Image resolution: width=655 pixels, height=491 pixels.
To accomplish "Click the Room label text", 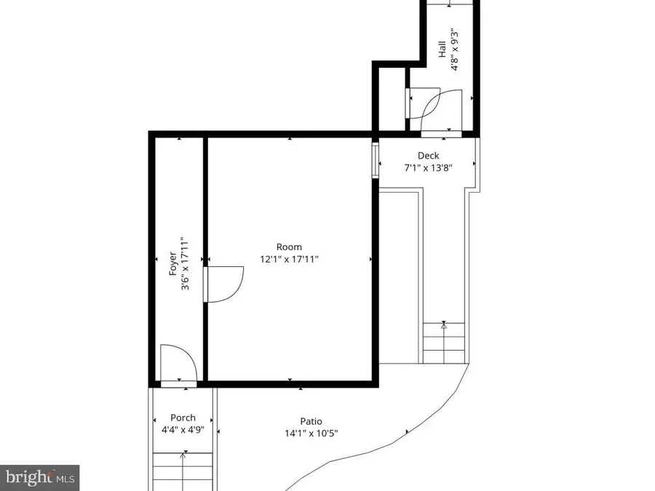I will pyautogui.click(x=289, y=247).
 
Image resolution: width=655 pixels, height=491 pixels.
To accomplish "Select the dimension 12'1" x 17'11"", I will pyautogui.click(x=289, y=259).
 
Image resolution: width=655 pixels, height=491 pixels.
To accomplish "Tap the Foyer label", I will pyautogui.click(x=172, y=263).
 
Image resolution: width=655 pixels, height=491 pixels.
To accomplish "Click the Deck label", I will pyautogui.click(x=428, y=156).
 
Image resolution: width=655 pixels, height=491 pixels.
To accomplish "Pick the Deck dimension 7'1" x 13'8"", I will pyautogui.click(x=428, y=167).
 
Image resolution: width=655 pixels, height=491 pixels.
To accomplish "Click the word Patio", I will pyautogui.click(x=311, y=421).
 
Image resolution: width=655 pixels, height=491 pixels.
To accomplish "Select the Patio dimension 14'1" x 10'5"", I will pyautogui.click(x=311, y=434).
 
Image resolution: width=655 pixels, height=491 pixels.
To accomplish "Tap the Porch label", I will pyautogui.click(x=183, y=418).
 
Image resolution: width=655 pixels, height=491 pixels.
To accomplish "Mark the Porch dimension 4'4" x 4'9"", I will pyautogui.click(x=183, y=429).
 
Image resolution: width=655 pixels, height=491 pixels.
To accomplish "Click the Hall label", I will pyautogui.click(x=442, y=49).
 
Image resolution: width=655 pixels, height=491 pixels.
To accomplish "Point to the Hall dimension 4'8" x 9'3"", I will pyautogui.click(x=454, y=49).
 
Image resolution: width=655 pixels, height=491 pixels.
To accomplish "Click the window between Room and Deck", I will pyautogui.click(x=376, y=161).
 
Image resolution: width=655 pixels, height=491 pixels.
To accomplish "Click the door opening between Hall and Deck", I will pyautogui.click(x=442, y=134).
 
